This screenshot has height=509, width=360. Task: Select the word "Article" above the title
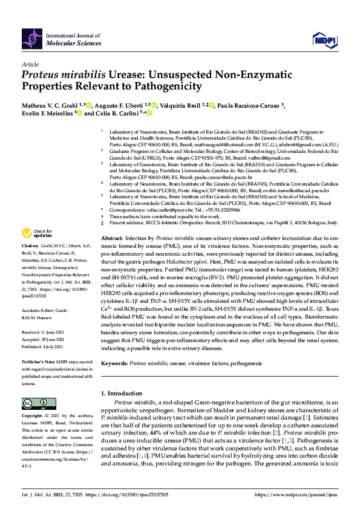pos(30,64)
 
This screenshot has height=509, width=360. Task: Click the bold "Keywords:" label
pos(114,364)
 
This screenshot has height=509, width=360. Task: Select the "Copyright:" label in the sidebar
pos(33,417)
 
